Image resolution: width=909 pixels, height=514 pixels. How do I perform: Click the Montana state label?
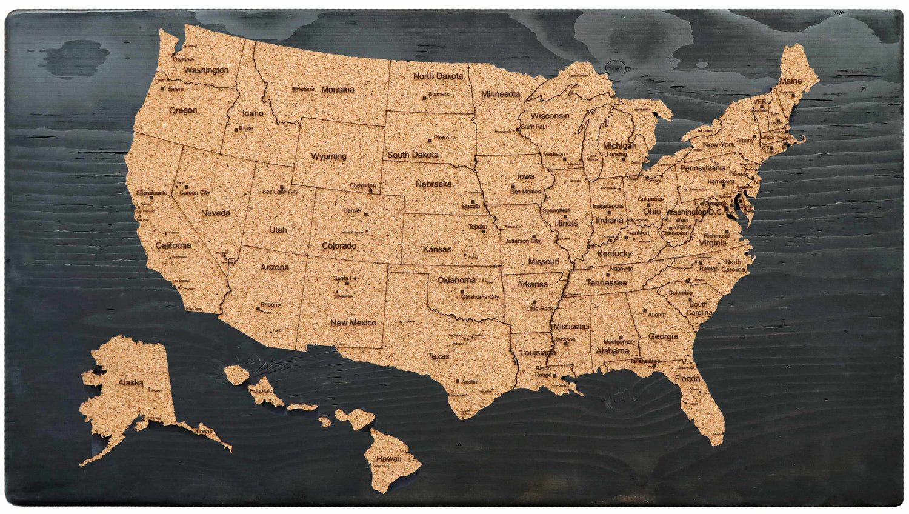338,90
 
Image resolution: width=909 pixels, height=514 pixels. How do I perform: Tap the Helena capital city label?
305,89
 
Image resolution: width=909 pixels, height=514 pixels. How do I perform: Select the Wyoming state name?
328,156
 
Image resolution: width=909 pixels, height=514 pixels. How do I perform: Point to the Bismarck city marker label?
439,95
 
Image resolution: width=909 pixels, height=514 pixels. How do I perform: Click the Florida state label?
687,378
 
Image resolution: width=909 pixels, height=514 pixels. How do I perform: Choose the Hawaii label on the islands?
388,459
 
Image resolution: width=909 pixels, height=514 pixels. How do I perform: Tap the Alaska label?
130,382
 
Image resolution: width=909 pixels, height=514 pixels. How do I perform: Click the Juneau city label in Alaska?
204,432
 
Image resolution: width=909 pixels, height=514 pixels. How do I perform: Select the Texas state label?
439,356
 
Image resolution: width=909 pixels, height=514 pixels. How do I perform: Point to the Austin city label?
469,382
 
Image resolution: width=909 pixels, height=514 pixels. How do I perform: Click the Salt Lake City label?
280,192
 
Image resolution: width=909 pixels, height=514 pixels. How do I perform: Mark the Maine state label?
790,81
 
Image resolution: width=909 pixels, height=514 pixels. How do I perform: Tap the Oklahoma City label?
480,297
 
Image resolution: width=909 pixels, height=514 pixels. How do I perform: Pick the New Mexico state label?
353,323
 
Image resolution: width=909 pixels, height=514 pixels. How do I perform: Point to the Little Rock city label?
539,309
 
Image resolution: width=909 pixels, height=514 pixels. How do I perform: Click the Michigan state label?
619,146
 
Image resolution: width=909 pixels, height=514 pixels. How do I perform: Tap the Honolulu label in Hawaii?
261,391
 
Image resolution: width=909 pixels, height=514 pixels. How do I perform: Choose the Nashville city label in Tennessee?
621,269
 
